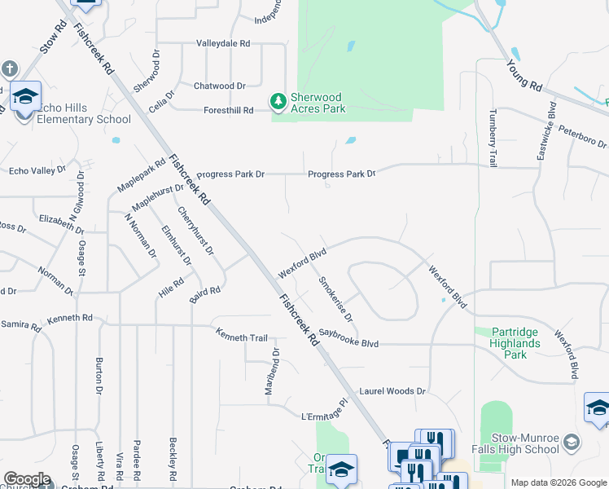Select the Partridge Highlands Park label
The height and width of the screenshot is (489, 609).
[x=521, y=343]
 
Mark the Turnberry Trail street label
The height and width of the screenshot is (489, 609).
[x=493, y=139]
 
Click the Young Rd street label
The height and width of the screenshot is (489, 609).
[x=524, y=74]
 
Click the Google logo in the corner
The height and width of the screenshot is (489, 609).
[x=27, y=479]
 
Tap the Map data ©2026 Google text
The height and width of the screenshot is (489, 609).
[x=558, y=482]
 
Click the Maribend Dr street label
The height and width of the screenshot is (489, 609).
[x=275, y=372]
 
